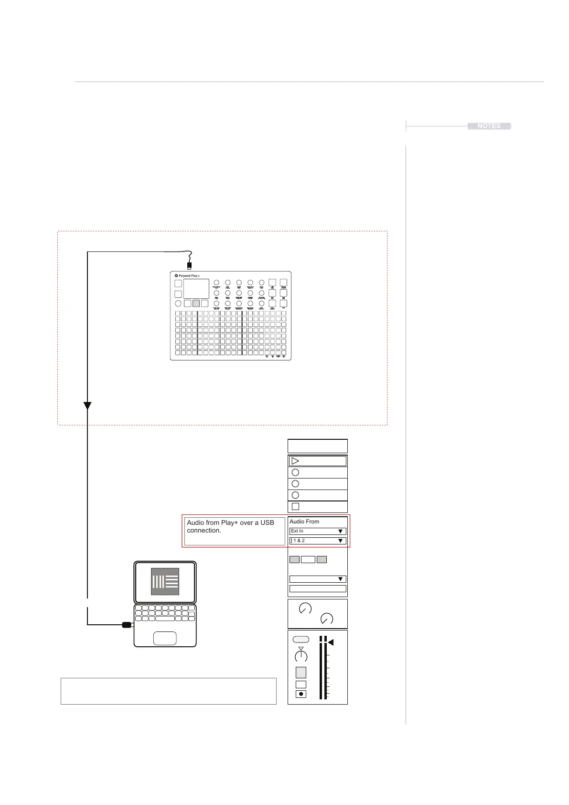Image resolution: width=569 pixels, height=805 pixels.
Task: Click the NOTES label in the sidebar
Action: tap(489, 126)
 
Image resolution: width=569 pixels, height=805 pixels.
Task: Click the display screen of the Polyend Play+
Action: tap(196, 289)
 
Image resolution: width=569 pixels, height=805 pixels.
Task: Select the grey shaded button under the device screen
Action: tap(196, 304)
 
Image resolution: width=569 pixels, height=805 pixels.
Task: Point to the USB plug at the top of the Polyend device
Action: tap(190, 265)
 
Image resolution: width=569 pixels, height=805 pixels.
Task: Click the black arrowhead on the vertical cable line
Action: tap(87, 406)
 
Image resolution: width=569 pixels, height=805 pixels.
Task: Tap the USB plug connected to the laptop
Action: tap(127, 625)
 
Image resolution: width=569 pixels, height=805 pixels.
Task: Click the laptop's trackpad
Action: tap(165, 638)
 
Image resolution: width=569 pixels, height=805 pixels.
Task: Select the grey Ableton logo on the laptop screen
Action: tap(165, 581)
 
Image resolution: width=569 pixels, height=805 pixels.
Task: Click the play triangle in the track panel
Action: tap(295, 461)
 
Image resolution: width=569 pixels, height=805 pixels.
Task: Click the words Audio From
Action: tap(304, 522)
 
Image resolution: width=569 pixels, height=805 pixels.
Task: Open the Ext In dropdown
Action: tap(318, 531)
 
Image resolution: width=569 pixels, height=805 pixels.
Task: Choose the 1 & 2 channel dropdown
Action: tap(318, 541)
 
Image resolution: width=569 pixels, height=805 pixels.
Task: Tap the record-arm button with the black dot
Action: tap(301, 694)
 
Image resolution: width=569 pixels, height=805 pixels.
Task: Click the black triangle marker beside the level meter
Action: tap(331, 643)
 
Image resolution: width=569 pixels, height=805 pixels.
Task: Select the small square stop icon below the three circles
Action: tap(295, 507)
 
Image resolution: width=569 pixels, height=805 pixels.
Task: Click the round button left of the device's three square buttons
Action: tap(178, 304)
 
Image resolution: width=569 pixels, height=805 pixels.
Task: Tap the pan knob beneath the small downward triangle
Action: tap(301, 657)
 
